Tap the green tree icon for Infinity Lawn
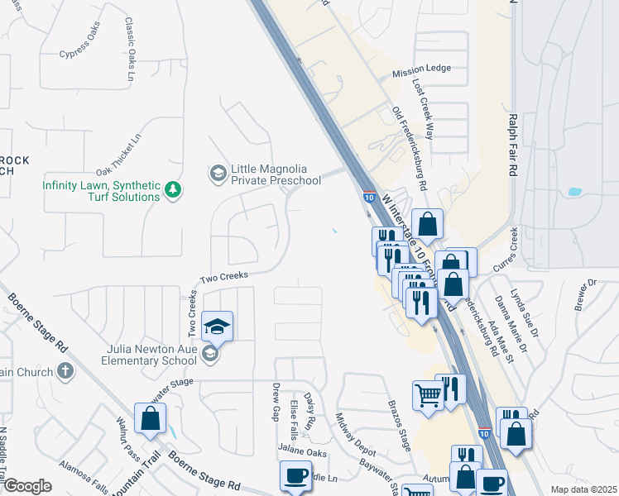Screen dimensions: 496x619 (173, 191)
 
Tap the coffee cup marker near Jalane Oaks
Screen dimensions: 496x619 (296, 477)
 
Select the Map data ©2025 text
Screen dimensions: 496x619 (583, 489)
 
